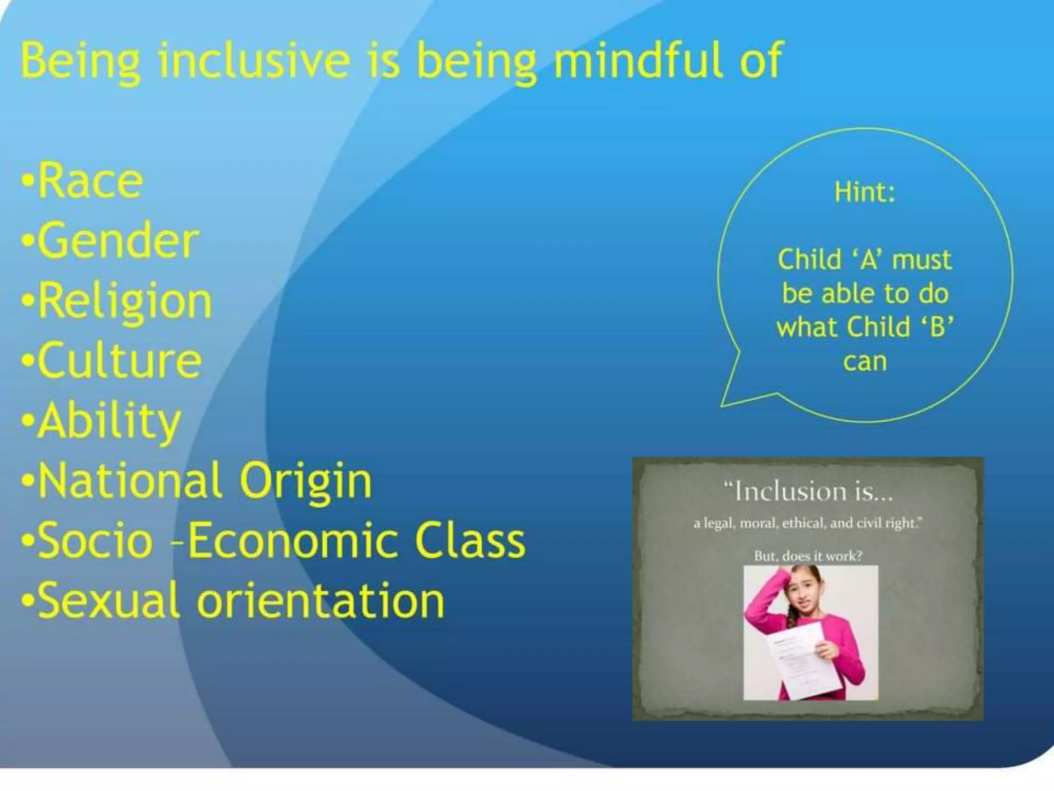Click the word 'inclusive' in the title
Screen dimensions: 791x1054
[254, 61]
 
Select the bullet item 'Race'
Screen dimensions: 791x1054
[90, 181]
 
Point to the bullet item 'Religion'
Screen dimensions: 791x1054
[125, 302]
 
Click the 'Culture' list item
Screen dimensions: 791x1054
[119, 360]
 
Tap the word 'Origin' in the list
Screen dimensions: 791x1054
[305, 481]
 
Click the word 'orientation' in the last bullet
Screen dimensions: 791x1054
[321, 600]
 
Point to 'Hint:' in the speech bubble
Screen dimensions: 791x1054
[865, 192]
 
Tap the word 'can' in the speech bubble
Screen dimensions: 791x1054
[865, 362]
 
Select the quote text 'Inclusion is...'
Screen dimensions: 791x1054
[808, 491]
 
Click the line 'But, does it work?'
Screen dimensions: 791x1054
[808, 556]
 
